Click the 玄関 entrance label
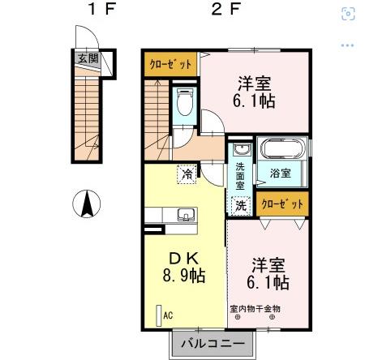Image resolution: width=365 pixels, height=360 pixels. click(x=88, y=58)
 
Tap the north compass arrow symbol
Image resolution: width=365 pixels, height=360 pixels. click(x=87, y=204)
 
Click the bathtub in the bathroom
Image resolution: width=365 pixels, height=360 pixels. click(x=282, y=148)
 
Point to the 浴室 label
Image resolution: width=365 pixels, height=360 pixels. click(x=281, y=173)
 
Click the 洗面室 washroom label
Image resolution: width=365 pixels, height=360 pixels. click(x=240, y=176)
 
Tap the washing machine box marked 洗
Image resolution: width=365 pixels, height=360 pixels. click(x=241, y=206)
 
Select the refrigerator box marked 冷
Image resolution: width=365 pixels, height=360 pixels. click(x=187, y=174)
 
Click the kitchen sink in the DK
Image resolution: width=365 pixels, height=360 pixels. click(x=187, y=215)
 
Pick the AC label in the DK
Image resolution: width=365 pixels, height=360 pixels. click(x=168, y=315)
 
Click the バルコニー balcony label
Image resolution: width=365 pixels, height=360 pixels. click(x=213, y=344)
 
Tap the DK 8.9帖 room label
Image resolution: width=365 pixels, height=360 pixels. click(x=184, y=268)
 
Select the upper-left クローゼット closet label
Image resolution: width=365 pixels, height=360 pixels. click(x=170, y=64)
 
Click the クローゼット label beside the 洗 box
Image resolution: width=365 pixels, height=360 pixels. click(x=282, y=204)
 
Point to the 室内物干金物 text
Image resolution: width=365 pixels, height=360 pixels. click(x=255, y=309)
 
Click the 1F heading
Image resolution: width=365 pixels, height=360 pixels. click(x=102, y=9)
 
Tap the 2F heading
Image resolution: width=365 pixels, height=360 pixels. click(x=226, y=9)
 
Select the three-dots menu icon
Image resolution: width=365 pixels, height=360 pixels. click(x=347, y=45)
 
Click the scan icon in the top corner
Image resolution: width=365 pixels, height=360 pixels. click(x=348, y=14)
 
